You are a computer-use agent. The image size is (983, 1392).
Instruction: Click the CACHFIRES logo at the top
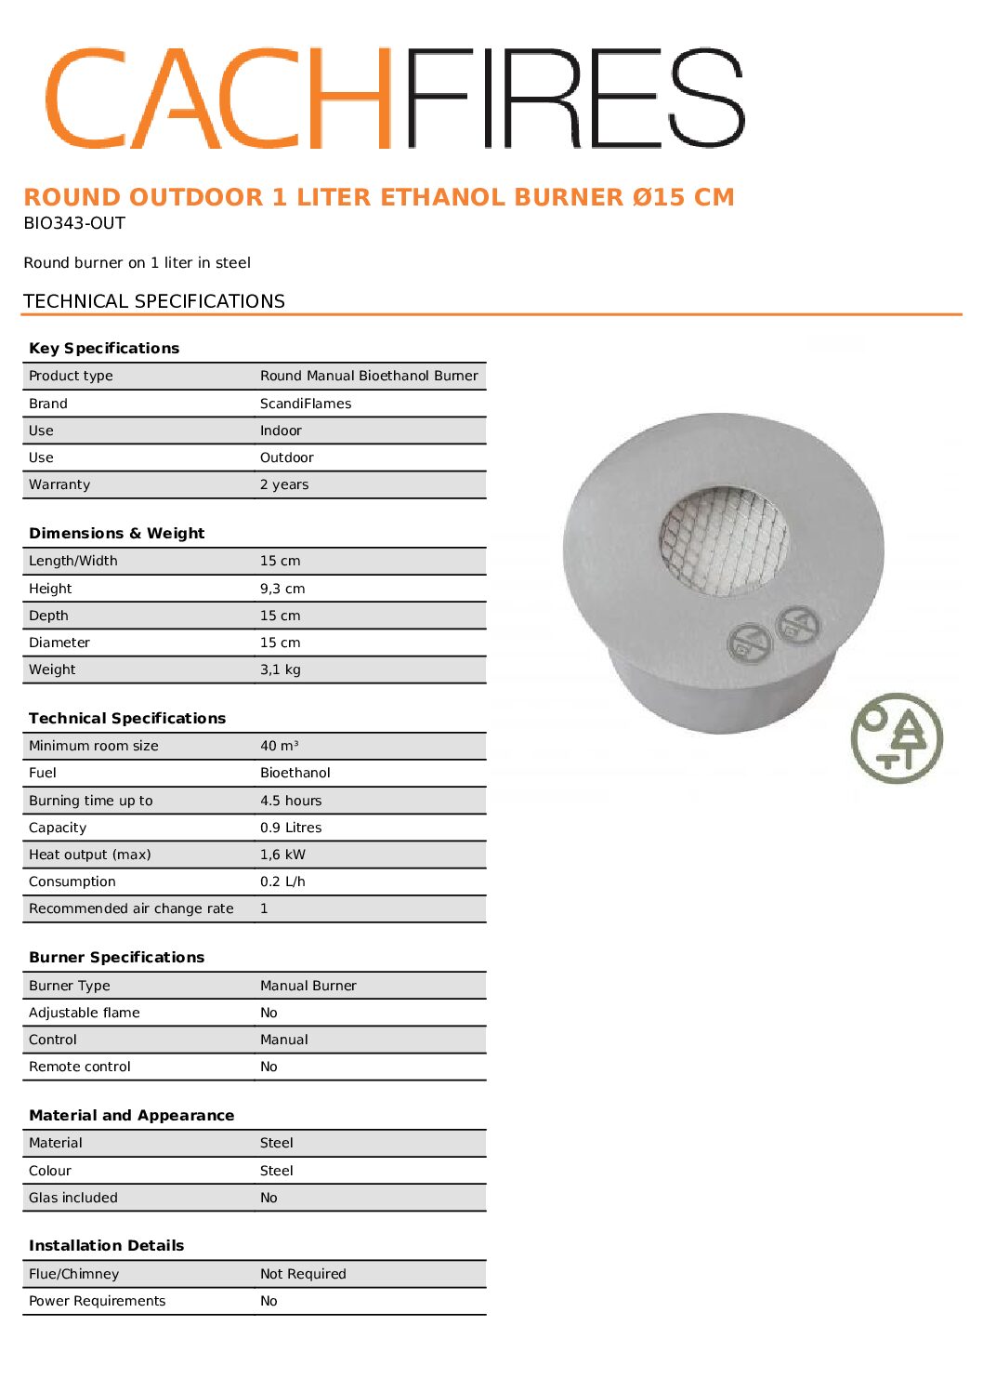(395, 98)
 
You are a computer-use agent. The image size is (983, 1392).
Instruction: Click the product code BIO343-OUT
(74, 223)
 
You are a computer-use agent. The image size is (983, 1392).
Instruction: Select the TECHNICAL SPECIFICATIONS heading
(154, 301)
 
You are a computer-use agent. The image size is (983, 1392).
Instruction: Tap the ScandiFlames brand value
(306, 404)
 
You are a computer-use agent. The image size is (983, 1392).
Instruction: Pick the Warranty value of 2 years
(284, 484)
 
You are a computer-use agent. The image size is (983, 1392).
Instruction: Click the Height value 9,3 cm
(282, 589)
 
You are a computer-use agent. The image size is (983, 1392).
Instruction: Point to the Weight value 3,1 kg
(281, 669)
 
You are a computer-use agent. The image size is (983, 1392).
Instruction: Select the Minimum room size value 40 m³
(280, 746)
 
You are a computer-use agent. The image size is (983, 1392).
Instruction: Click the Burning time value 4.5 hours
(291, 801)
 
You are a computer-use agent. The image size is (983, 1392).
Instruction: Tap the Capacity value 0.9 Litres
(291, 828)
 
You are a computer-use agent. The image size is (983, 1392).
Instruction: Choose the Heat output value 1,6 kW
(282, 855)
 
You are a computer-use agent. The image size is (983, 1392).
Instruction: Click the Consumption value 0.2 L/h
(282, 882)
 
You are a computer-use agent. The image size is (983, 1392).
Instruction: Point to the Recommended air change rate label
(131, 908)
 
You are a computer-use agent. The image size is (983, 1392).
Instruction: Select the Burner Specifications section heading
(116, 957)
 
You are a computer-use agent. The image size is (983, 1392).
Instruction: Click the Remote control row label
(80, 1067)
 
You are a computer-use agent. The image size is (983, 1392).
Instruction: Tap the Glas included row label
(73, 1198)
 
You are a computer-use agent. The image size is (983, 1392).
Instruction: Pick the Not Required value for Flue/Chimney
(303, 1274)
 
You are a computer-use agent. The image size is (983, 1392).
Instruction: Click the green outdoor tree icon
(897, 738)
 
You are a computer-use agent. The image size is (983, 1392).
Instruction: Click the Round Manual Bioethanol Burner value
(369, 376)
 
